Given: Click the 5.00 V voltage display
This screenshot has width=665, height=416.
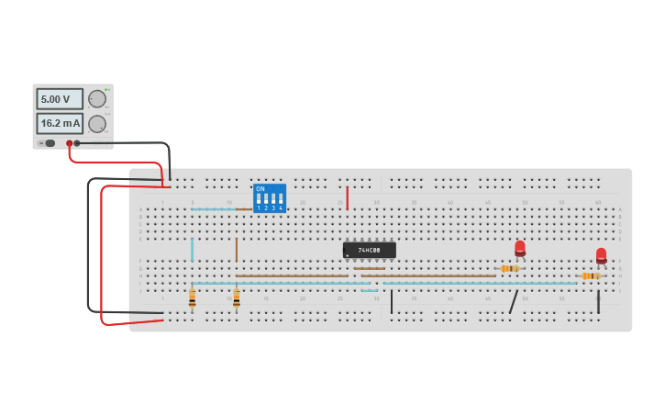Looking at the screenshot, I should coord(59,99).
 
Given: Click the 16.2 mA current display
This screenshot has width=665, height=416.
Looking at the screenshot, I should coord(59,123).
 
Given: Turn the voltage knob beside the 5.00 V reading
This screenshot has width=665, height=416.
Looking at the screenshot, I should coord(97,99).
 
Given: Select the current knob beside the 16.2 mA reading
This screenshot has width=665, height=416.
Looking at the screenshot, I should coord(97,124).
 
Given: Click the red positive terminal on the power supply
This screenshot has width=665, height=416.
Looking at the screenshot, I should coord(69,143).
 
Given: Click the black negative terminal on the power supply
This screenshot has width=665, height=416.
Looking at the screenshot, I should coord(77,143).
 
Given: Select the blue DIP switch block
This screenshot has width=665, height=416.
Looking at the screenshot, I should coord(270,198).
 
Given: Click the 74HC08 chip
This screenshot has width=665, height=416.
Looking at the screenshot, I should coord(370,250).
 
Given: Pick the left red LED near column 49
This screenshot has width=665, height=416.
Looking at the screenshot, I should coord(520,247).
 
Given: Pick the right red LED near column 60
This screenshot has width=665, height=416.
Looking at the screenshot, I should coord(601,254).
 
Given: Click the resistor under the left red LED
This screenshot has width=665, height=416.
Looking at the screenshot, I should coord(509,268).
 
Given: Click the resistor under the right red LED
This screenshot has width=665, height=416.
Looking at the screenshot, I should coord(591,275).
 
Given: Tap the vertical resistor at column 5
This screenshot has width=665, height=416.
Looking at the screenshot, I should coord(192,298).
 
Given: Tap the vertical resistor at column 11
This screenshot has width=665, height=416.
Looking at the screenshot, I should coord(237,298).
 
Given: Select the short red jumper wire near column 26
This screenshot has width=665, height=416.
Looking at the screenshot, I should coord(347,198).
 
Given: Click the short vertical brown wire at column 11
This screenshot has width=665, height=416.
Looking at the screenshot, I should coord(236,250).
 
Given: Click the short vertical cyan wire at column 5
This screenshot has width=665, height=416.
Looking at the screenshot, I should coord(192,250).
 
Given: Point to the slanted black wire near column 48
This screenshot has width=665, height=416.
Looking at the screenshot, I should coord(514,302).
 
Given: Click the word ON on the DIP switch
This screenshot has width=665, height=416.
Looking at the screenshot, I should coord(260,189).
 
